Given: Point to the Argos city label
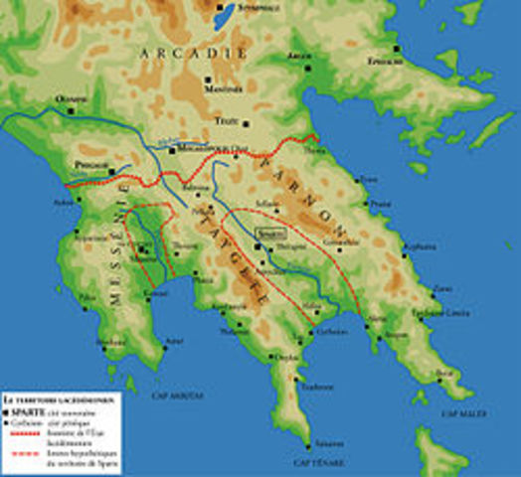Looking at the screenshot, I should coord(299,57).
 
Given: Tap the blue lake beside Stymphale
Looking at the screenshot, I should coord(225,14).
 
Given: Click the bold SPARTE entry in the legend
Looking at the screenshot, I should coord(27,407).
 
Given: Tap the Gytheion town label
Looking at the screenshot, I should coord(332,332).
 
